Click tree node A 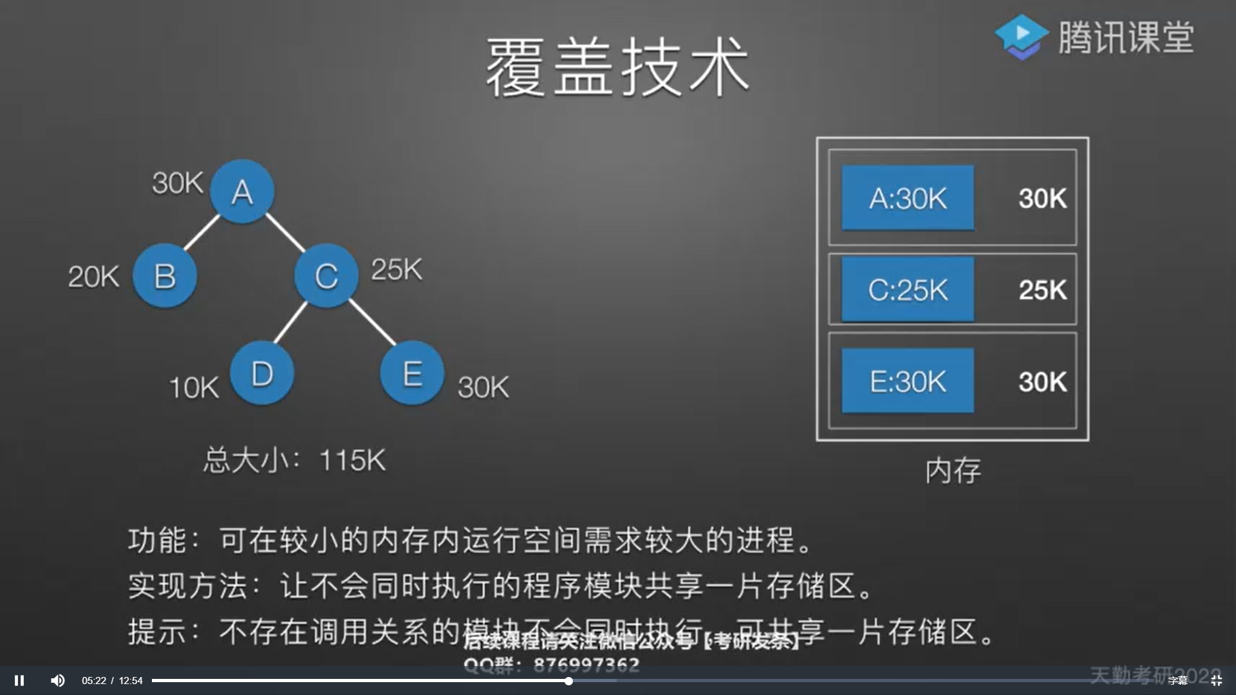click(x=242, y=191)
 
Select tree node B click(x=165, y=275)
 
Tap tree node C click(x=326, y=275)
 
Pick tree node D click(x=262, y=373)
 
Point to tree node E click(x=412, y=373)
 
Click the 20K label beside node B click(x=94, y=277)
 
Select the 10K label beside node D click(x=194, y=387)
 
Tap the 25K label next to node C click(x=397, y=269)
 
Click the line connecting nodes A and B click(x=202, y=232)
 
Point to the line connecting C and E click(x=373, y=322)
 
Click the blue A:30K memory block click(x=908, y=198)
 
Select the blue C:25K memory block click(x=908, y=290)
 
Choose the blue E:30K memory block click(x=908, y=381)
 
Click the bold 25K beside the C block click(x=1042, y=290)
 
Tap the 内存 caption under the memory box click(x=953, y=470)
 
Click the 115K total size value click(x=352, y=460)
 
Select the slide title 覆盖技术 click(x=617, y=67)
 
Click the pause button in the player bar click(x=19, y=680)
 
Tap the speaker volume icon click(x=58, y=680)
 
